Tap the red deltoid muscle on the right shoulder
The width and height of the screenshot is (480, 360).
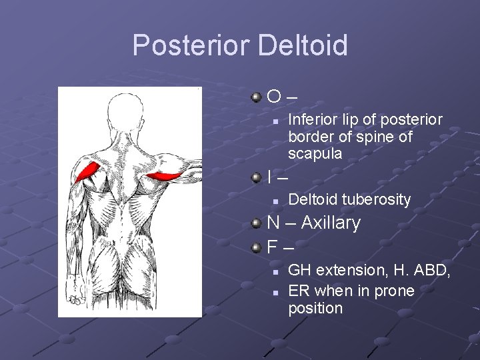(163, 177)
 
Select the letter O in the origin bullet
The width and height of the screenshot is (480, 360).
(273, 98)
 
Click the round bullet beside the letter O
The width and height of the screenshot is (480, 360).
(256, 98)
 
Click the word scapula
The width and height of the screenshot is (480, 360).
(315, 154)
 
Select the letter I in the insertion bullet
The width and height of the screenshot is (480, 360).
(269, 178)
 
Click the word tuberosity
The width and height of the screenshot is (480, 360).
(376, 199)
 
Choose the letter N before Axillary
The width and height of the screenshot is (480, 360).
(273, 223)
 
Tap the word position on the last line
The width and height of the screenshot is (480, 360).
(315, 309)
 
